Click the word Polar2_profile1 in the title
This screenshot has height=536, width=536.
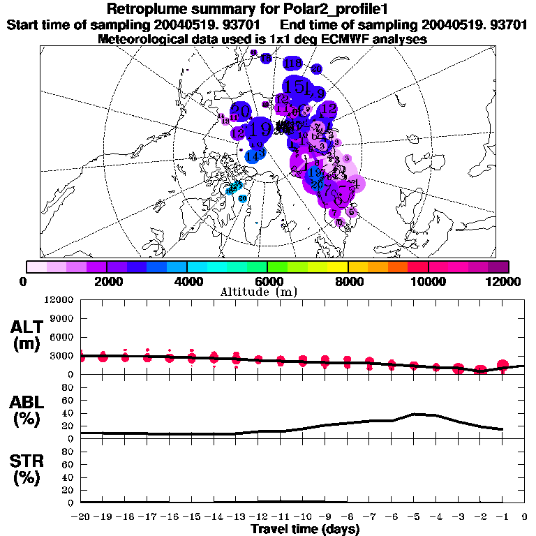(x=334, y=9)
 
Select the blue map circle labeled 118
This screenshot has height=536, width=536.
(x=293, y=64)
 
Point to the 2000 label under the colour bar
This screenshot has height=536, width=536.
(x=106, y=281)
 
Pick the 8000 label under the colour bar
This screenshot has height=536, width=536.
(x=348, y=281)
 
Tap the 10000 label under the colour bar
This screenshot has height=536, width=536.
(x=428, y=281)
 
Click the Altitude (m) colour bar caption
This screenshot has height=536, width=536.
(x=267, y=292)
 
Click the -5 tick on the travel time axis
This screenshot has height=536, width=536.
(x=414, y=516)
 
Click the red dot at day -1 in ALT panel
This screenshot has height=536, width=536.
(x=502, y=365)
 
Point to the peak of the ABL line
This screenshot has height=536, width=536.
(x=415, y=414)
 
